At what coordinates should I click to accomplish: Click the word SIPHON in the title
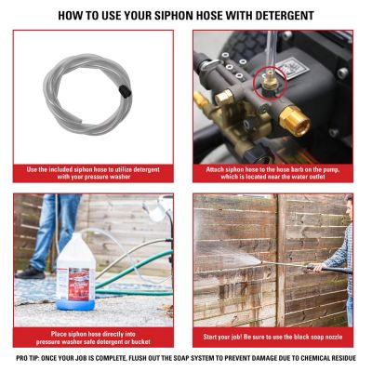(171, 15)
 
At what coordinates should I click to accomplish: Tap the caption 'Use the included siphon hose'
(93, 175)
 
